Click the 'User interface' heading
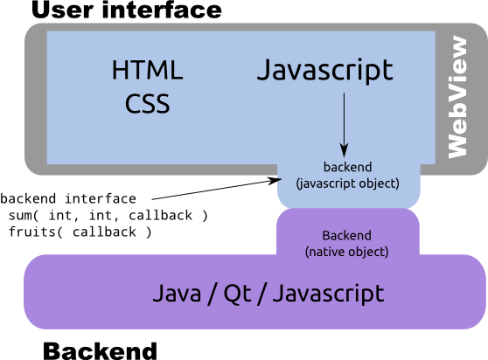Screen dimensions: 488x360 point(127,10)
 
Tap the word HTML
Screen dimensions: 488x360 point(147,70)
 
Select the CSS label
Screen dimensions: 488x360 point(148,103)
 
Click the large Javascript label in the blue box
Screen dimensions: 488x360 point(325,71)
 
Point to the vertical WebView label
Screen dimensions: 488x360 point(457,97)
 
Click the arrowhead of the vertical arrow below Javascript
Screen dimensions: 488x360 point(344,151)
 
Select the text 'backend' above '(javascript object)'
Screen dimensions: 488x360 point(348,167)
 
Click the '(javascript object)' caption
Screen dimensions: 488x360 point(348,183)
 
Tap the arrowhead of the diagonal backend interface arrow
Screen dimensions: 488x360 point(275,181)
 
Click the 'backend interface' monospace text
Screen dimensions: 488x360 point(68,198)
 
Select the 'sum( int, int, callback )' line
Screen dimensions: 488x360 point(108,216)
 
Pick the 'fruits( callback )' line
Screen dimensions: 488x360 point(80,232)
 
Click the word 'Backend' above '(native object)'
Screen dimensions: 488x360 point(346,235)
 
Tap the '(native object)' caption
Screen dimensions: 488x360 point(346,252)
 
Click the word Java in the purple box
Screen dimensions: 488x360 point(177,294)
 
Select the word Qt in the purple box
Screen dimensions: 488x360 point(238,294)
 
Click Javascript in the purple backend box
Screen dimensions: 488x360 point(328,294)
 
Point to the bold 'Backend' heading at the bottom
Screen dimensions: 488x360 point(100,350)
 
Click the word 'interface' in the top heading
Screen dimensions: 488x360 point(162,10)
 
